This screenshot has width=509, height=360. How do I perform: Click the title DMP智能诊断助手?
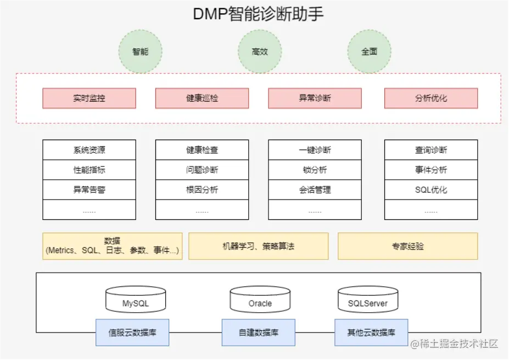click(258, 14)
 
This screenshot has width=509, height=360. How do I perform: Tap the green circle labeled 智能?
click(141, 52)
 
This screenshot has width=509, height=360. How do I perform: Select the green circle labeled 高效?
click(260, 52)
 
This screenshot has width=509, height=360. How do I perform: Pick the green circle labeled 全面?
click(369, 52)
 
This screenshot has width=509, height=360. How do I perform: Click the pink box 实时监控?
click(89, 98)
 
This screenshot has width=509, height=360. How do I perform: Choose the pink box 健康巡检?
click(202, 98)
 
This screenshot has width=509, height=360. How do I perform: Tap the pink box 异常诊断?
click(315, 98)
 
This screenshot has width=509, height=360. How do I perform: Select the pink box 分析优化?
click(431, 98)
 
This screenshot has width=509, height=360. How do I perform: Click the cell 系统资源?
click(89, 150)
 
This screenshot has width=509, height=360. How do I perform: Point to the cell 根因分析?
click(202, 190)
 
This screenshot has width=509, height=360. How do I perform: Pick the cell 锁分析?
click(315, 170)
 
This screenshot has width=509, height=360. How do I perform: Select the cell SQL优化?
click(431, 190)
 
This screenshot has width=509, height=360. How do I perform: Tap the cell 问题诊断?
click(202, 170)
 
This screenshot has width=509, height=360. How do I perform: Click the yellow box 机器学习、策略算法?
click(258, 246)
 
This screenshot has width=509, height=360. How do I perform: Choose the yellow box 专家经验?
click(407, 246)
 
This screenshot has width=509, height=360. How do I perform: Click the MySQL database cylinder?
click(136, 300)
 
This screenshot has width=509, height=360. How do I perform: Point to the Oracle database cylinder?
click(260, 300)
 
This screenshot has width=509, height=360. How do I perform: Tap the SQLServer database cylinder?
click(368, 300)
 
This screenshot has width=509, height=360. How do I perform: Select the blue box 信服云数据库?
click(132, 333)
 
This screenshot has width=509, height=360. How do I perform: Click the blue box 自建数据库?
click(258, 333)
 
